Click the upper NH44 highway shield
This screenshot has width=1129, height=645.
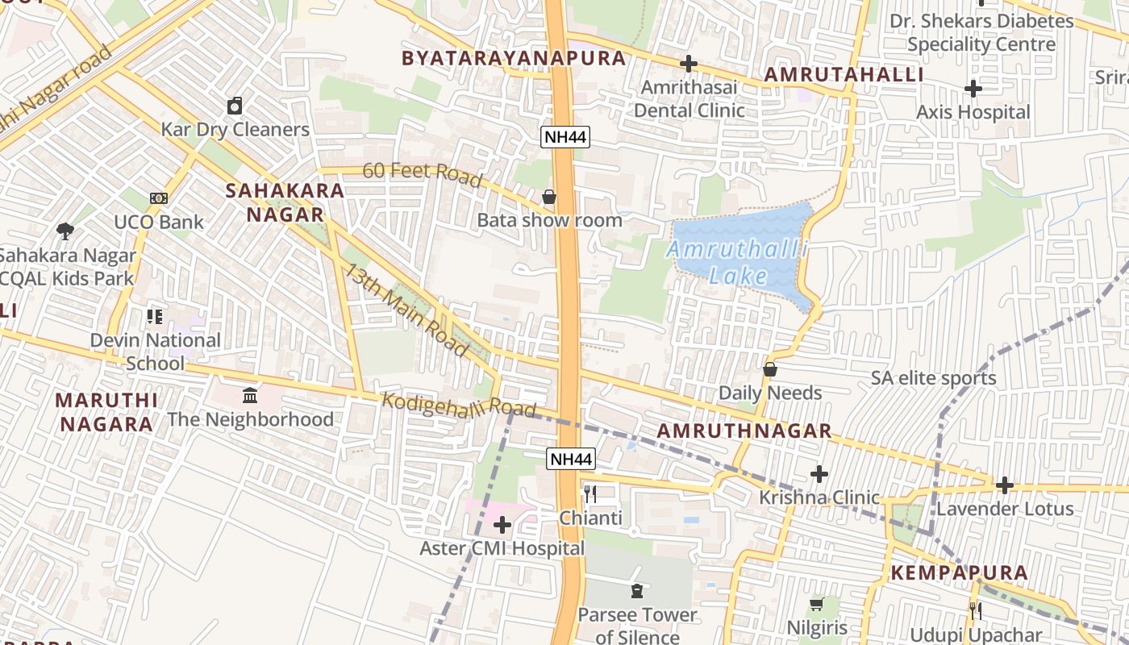point(565,136)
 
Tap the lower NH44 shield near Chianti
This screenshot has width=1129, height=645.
point(571,459)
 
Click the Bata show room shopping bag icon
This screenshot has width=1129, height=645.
point(549,197)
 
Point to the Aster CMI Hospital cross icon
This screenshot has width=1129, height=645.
point(502,526)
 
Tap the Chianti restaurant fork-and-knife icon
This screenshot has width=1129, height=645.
point(590,493)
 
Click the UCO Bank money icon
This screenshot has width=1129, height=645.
point(159,198)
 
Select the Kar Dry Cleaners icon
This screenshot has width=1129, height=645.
point(235,106)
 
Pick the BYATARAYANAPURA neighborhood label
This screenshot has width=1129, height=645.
point(514,58)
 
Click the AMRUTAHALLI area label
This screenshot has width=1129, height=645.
point(844,74)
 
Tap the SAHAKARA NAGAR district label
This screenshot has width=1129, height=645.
point(285,202)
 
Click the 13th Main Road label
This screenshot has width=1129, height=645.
point(407,310)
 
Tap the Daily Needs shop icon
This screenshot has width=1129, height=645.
point(770,369)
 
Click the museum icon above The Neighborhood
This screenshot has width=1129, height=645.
point(250,396)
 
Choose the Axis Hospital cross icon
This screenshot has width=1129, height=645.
point(973,88)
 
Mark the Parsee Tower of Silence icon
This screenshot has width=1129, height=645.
point(637,591)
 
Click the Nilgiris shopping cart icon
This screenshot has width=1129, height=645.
point(816,604)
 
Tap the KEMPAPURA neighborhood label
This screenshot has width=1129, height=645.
point(959,573)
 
